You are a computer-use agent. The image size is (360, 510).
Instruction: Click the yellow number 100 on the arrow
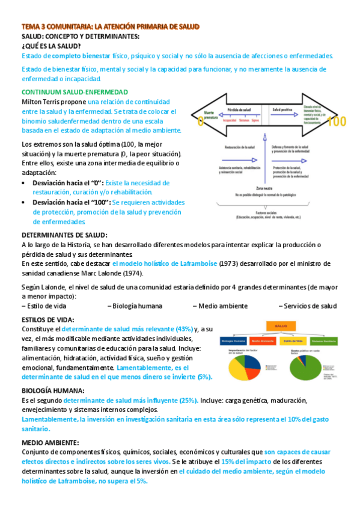[338, 121]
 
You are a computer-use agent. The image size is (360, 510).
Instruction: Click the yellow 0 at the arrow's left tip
[200, 121]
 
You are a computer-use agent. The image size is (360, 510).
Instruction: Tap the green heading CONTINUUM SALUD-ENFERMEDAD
[75, 92]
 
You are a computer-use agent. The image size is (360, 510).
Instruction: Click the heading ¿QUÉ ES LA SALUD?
[52, 46]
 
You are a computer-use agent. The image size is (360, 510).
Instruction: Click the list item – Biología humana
[136, 306]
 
